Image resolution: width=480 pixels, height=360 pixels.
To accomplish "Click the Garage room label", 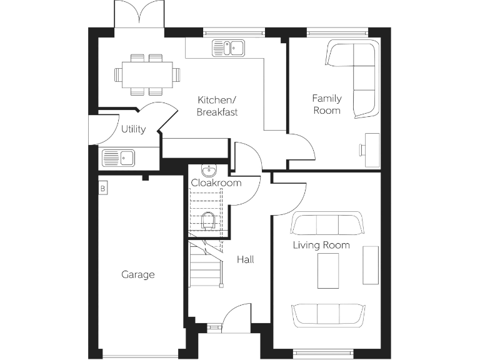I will pyautogui.click(x=138, y=274).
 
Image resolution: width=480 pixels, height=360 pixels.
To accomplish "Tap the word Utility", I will pyautogui.click(x=133, y=129).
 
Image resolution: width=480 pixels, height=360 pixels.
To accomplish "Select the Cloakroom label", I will pyautogui.click(x=216, y=183).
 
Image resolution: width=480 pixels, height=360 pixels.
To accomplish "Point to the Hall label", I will pyautogui.click(x=245, y=259).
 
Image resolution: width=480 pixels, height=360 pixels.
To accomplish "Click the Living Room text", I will pyautogui.click(x=321, y=245).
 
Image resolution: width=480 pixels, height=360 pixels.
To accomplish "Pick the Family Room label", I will pyautogui.click(x=327, y=104).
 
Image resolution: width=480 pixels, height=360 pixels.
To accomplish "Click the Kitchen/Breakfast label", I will pyautogui.click(x=217, y=106).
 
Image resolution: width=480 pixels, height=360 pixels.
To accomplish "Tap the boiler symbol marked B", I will pyautogui.click(x=103, y=187).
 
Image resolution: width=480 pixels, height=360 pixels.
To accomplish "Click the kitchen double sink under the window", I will pyautogui.click(x=229, y=47).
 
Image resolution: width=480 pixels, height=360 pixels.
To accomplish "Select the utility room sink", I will pyautogui.click(x=119, y=158).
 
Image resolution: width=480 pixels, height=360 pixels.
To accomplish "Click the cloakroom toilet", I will pyautogui.click(x=209, y=220).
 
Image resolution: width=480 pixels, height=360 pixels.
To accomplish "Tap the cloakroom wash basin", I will pyautogui.click(x=208, y=171).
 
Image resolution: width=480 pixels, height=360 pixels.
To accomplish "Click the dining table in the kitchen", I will pyautogui.click(x=147, y=74).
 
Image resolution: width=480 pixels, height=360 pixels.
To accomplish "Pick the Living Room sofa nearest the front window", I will pyautogui.click(x=328, y=315).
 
